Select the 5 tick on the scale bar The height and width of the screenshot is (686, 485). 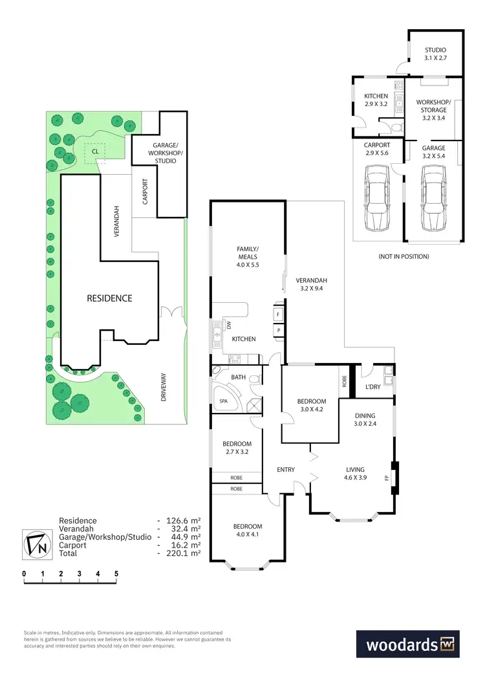tap(116, 573)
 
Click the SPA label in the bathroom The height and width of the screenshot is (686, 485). tap(224, 401)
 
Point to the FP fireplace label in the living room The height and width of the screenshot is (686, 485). tap(387, 478)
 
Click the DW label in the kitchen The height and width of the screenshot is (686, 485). tap(228, 324)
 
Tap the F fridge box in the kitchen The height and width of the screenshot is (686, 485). tap(278, 313)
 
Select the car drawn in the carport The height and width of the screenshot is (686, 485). tap(377, 197)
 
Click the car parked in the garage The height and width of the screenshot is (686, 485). tap(433, 197)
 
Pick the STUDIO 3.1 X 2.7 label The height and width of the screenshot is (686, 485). tap(435, 54)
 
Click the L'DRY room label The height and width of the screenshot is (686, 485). tap(372, 386)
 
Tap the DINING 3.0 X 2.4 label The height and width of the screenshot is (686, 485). tap(366, 420)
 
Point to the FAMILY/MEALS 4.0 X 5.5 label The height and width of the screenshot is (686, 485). tap(248, 258)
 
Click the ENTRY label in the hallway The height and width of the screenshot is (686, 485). tap(285, 470)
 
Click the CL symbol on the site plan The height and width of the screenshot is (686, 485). tap(96, 153)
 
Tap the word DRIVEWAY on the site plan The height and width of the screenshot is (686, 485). tap(164, 387)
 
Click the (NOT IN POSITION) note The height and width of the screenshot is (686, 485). tap(404, 256)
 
